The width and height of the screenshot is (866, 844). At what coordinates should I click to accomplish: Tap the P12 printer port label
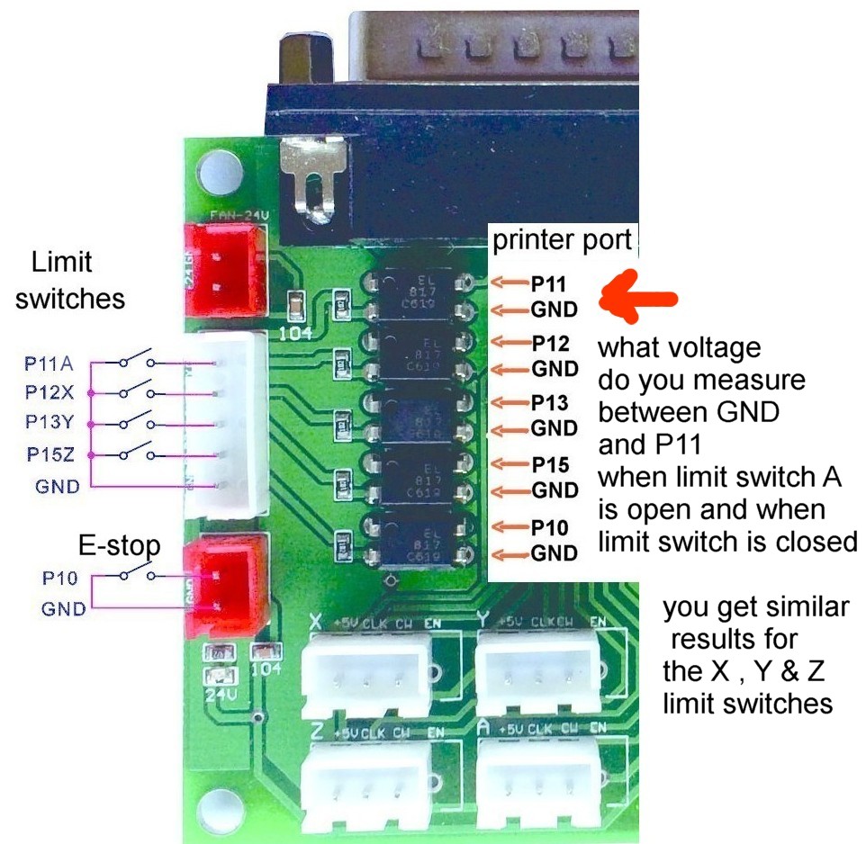[549, 343]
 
